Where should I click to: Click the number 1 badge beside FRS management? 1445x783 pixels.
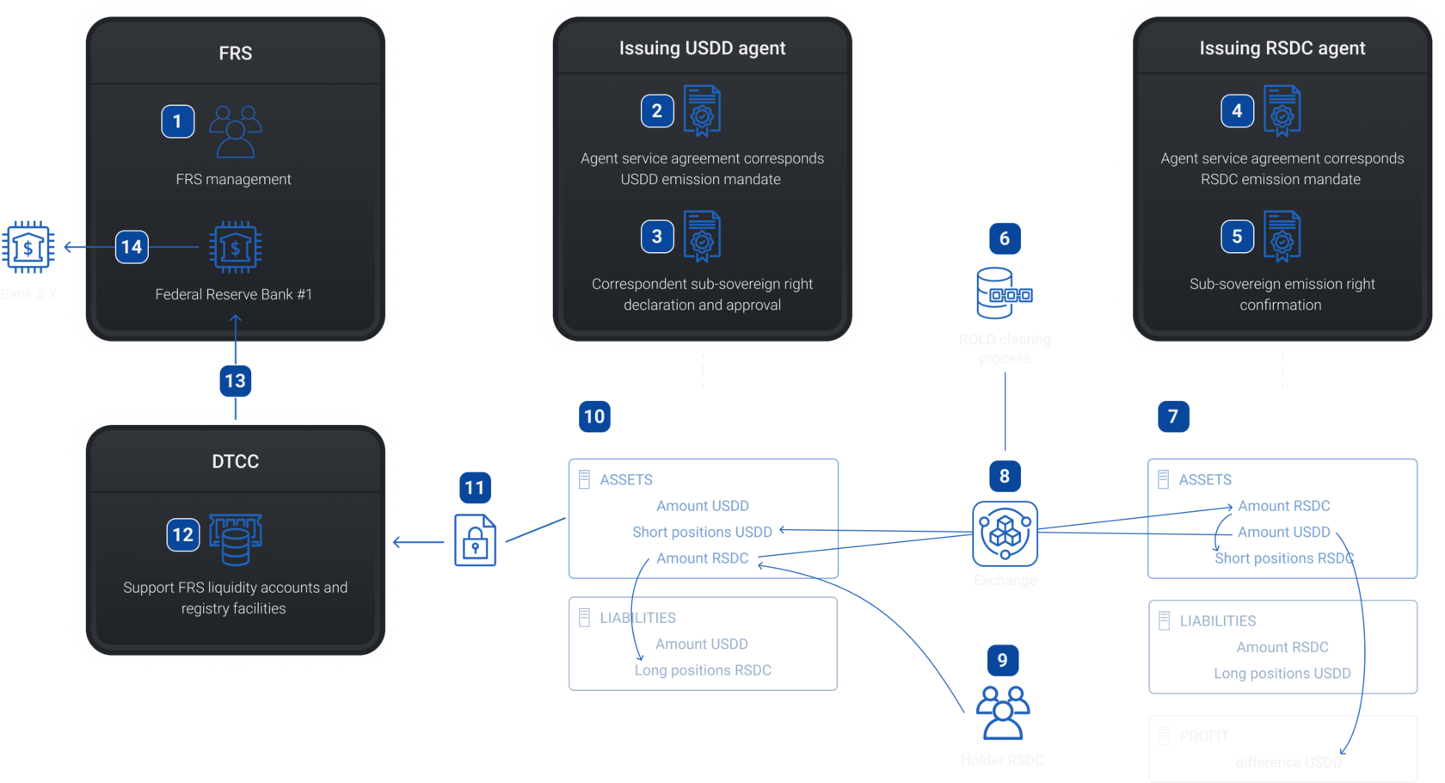(178, 121)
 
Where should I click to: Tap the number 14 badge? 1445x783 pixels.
(132, 247)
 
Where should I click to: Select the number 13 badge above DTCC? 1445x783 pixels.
(235, 381)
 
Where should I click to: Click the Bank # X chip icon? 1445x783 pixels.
(28, 248)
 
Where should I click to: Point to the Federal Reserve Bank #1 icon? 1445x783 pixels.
(236, 248)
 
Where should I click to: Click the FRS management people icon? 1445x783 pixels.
(236, 131)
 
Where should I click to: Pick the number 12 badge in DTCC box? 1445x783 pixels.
(183, 534)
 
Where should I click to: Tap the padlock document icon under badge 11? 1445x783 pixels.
(476, 540)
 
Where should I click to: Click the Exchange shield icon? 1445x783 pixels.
(1005, 533)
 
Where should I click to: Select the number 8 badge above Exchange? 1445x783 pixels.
(1005, 476)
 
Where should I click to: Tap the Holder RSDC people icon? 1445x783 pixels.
(1003, 712)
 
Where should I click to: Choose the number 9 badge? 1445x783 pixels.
(1002, 660)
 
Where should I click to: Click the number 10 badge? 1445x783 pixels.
(594, 416)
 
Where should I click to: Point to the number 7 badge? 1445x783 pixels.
(1173, 416)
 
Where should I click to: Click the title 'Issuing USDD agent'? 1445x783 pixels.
(702, 48)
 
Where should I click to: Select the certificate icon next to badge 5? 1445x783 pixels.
(1282, 236)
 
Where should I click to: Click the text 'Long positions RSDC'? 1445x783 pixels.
(703, 670)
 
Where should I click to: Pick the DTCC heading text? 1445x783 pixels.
(236, 461)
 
